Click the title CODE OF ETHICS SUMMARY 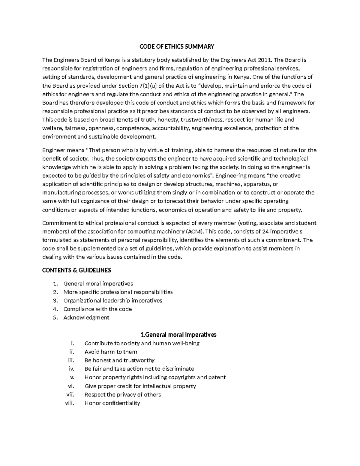(177, 47)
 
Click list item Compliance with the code (97, 309)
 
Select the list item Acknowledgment (86, 317)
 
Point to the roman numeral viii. (69, 403)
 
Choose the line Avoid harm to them (111, 352)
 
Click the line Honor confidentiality (112, 403)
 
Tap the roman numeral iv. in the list (71, 369)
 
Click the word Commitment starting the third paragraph (59, 223)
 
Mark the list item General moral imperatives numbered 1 (98, 284)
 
